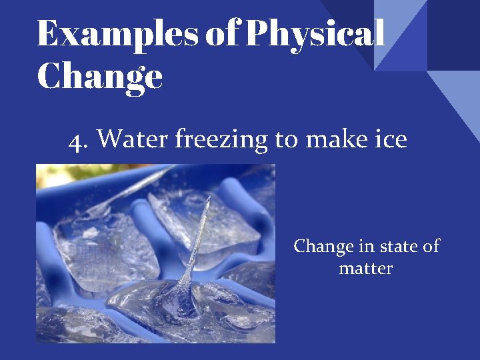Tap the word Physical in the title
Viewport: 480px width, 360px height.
tap(315, 33)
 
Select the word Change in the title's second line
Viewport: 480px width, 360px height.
tap(100, 77)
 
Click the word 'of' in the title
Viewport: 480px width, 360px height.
tap(223, 33)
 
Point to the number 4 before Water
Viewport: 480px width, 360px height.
tap(77, 140)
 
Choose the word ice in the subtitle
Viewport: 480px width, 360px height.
tap(390, 140)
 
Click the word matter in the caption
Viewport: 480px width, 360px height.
tap(366, 269)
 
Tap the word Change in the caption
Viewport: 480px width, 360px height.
tap(323, 247)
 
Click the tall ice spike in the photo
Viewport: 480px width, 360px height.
tap(200, 240)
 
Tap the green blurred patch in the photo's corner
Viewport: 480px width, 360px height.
tap(50, 175)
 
